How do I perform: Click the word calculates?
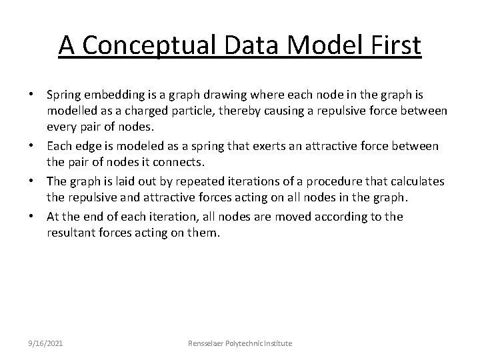pos(419,181)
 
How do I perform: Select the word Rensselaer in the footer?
pos(211,343)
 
